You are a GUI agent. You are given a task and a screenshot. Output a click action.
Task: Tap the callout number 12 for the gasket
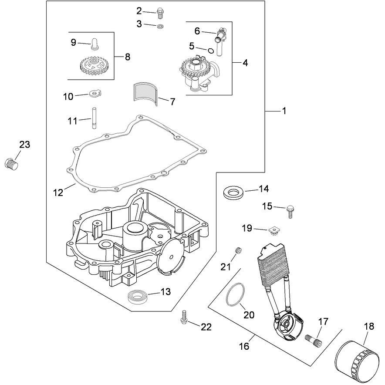(x=58, y=193)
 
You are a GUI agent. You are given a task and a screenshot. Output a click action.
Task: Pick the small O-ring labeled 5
(x=211, y=51)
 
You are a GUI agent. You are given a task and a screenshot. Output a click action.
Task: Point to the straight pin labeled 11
(x=94, y=118)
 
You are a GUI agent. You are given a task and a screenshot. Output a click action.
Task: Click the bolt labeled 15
(x=290, y=212)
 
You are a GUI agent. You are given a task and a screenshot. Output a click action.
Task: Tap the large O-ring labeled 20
(x=235, y=295)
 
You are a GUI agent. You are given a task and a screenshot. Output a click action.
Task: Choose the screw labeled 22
(x=184, y=317)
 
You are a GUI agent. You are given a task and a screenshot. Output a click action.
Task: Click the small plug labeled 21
(x=238, y=251)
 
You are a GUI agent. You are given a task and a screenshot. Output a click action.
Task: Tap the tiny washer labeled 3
(x=161, y=26)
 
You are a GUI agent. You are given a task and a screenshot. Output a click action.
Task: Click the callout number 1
(x=284, y=111)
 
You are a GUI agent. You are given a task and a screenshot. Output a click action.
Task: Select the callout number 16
(x=244, y=346)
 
